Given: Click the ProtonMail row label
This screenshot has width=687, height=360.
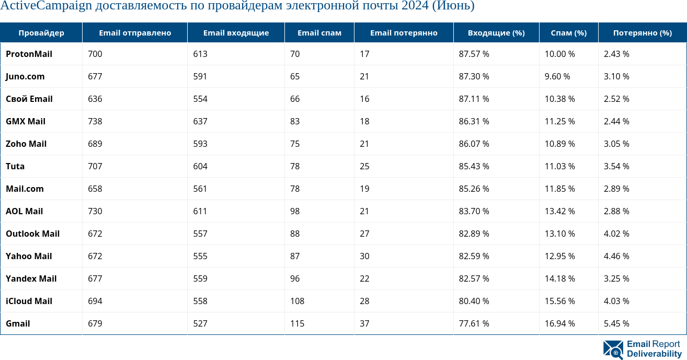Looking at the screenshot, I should point(29,54).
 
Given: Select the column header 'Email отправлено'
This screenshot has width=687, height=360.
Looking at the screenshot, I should point(135,32).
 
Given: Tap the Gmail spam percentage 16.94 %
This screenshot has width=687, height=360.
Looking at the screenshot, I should point(559,323).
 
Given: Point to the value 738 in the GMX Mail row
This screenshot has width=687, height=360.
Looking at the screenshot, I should point(95,121).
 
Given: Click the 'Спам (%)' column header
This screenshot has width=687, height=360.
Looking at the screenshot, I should point(568,32).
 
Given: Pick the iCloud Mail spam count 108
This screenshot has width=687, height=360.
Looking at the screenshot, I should point(297,301).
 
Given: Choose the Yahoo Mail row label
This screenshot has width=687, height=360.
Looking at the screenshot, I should point(29,256).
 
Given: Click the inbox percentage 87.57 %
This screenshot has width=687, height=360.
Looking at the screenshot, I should point(474,54).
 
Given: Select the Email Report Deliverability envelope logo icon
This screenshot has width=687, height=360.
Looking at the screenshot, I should point(613,350).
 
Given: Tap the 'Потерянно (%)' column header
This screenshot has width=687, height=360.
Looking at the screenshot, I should point(642,32).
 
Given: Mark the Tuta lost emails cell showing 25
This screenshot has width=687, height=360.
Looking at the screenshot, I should point(364,166).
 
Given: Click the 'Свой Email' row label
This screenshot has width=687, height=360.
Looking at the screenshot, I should point(29,99).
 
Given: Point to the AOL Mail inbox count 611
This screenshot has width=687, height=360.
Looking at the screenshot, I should point(200,211).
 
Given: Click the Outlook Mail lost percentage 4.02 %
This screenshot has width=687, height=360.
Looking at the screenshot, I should point(616,234).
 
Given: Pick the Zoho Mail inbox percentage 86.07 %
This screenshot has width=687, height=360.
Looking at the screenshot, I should point(474,144).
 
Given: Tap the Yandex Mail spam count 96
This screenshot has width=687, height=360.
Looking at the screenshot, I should point(295,278).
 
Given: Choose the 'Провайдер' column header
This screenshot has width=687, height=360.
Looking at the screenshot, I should point(41,32).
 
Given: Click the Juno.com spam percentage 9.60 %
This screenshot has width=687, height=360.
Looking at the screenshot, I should point(557,76).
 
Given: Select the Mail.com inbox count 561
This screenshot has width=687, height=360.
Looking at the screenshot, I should point(200,189).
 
